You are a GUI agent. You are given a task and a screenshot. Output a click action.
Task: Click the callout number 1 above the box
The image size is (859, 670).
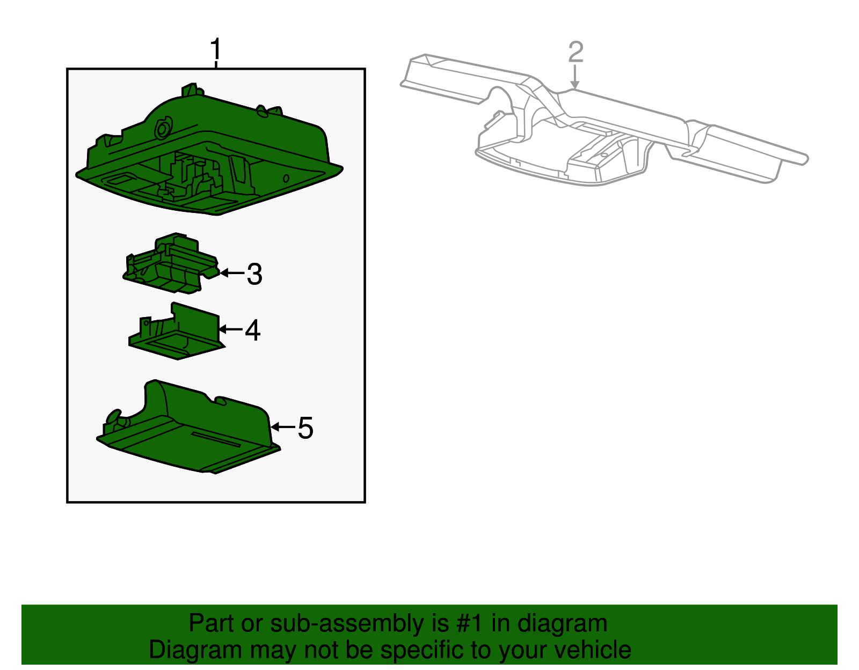[215, 49]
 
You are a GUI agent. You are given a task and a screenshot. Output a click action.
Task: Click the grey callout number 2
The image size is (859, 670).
[576, 52]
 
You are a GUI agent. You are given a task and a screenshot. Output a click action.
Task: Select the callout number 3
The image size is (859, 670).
[254, 274]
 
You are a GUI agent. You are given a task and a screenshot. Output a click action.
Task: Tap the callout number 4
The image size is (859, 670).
[253, 330]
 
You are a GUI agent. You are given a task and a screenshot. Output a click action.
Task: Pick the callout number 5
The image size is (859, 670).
[305, 428]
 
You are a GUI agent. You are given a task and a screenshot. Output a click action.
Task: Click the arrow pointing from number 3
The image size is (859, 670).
[232, 273]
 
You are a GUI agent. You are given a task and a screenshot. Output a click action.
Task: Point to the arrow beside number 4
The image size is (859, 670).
[230, 329]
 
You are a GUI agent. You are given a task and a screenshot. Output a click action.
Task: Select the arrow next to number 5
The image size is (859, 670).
[282, 427]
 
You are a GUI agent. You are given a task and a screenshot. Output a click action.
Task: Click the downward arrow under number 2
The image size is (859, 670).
[575, 77]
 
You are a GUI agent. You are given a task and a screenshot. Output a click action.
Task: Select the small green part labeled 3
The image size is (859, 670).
[171, 263]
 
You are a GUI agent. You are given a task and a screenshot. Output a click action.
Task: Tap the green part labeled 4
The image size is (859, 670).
[177, 332]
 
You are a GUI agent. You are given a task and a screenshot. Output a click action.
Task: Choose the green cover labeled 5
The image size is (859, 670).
[188, 429]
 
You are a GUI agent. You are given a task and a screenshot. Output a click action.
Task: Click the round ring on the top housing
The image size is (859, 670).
[163, 128]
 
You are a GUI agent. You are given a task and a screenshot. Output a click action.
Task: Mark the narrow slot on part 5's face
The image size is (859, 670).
[216, 439]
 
